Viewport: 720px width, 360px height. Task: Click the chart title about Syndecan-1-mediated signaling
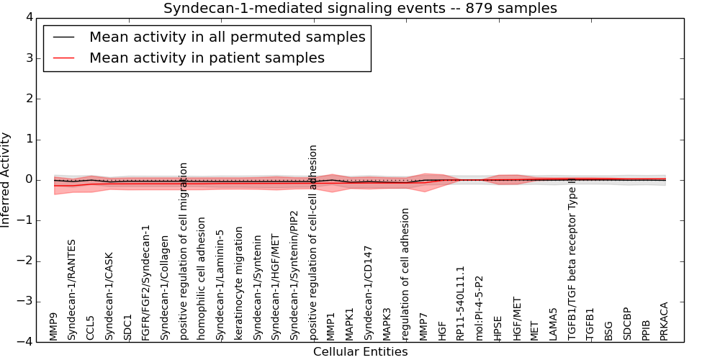click(x=360, y=9)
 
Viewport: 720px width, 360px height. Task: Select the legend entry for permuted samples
click(x=227, y=37)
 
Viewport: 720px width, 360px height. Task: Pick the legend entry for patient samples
click(x=207, y=58)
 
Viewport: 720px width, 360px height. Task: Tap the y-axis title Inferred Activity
click(x=6, y=179)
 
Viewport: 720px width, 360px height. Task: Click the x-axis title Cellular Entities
click(x=360, y=351)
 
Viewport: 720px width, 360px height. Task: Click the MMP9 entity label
click(x=53, y=325)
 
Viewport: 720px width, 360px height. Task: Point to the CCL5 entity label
click(x=90, y=328)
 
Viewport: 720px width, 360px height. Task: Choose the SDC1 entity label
click(x=127, y=327)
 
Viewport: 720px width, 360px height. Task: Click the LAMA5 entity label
click(x=554, y=324)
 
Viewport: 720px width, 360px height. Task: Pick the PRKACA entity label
click(x=665, y=321)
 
